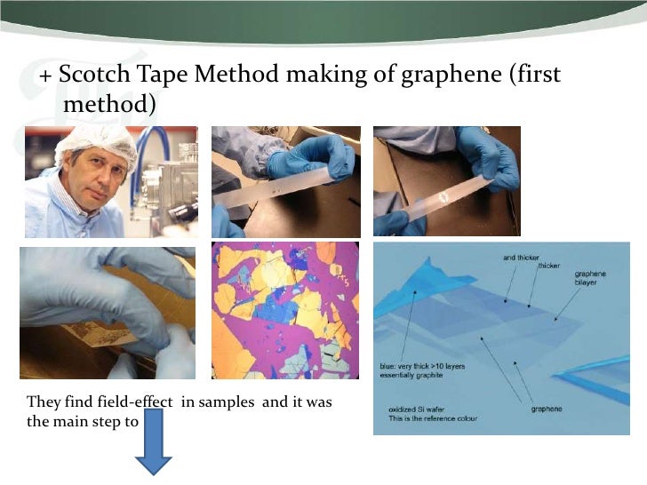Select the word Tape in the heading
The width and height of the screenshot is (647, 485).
point(164,76)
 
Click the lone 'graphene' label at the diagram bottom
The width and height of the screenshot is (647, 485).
point(550,409)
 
